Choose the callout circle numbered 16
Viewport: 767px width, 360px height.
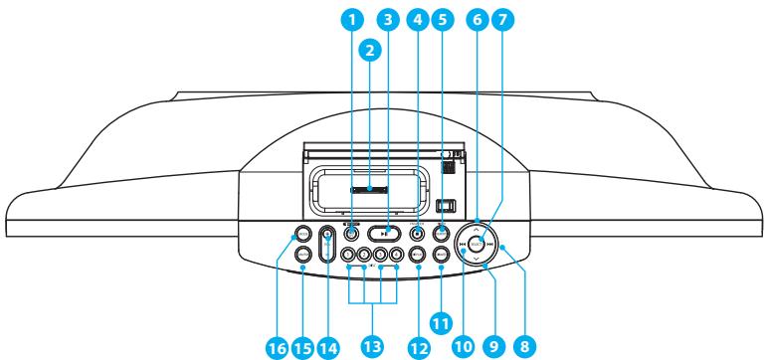[x=276, y=347]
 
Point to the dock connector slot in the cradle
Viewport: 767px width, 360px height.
[x=370, y=187]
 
